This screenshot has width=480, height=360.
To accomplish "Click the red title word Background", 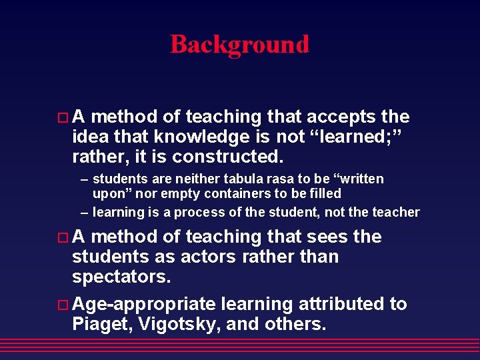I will pyautogui.click(x=239, y=45).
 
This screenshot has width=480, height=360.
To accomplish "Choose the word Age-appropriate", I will pyautogui.click(x=143, y=305).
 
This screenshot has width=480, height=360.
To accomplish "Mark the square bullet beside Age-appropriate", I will pyautogui.click(x=63, y=305).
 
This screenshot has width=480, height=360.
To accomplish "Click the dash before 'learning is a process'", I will pyautogui.click(x=84, y=212).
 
